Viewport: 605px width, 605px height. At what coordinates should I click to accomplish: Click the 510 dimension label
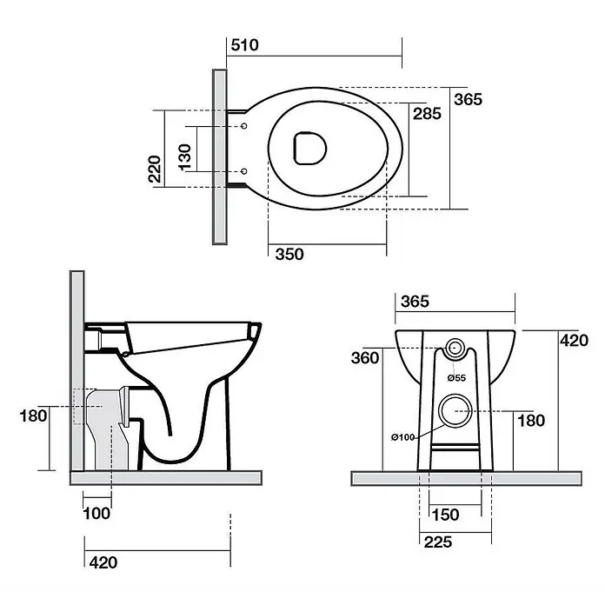244,45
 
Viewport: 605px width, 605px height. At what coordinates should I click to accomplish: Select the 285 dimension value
427,113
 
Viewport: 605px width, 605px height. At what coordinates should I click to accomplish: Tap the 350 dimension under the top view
289,255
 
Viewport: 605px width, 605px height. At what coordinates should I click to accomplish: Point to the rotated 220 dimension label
155,169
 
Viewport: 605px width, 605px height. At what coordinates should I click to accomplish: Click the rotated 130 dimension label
185,157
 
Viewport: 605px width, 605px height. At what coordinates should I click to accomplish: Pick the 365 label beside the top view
468,99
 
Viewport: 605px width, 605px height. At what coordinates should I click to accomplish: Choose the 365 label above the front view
415,302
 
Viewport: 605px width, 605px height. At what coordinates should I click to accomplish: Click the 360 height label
365,357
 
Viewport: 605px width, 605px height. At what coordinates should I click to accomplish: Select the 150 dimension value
445,515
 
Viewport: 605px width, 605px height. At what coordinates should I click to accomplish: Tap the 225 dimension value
438,542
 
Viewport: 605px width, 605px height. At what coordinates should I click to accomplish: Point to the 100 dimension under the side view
96,513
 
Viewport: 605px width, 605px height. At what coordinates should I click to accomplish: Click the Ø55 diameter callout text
457,378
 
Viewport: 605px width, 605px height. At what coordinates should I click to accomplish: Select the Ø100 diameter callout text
402,437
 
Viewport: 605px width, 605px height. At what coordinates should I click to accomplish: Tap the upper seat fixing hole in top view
244,126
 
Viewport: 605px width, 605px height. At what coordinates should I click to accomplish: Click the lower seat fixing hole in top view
244,171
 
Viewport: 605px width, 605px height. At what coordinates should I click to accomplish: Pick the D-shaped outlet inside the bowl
309,148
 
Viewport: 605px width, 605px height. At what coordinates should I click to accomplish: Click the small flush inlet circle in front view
455,348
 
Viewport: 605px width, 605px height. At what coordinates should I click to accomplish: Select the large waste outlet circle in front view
455,411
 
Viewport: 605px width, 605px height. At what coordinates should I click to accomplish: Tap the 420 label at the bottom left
103,562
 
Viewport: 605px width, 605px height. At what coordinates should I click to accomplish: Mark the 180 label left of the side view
34,416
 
